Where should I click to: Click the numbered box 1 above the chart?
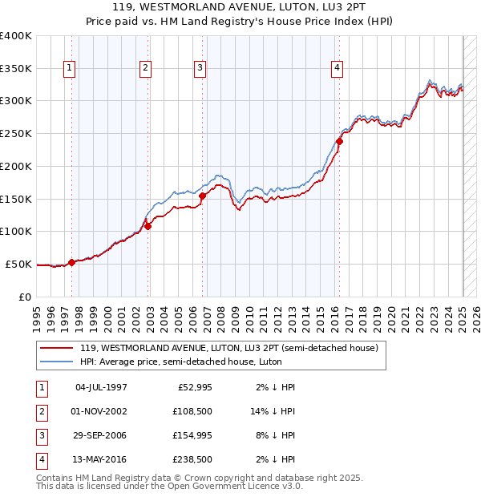coord(70,69)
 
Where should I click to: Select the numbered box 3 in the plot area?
coord(199,69)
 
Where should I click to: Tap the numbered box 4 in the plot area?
coord(338,69)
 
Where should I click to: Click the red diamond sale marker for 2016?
coord(339,141)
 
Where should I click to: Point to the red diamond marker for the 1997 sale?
coord(71,262)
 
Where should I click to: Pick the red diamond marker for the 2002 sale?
coord(148,226)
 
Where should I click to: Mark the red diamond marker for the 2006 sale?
coord(203,196)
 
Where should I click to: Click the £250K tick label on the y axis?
coord(16,134)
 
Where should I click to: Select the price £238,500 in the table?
coord(194,459)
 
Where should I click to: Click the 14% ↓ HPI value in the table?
coord(273,410)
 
